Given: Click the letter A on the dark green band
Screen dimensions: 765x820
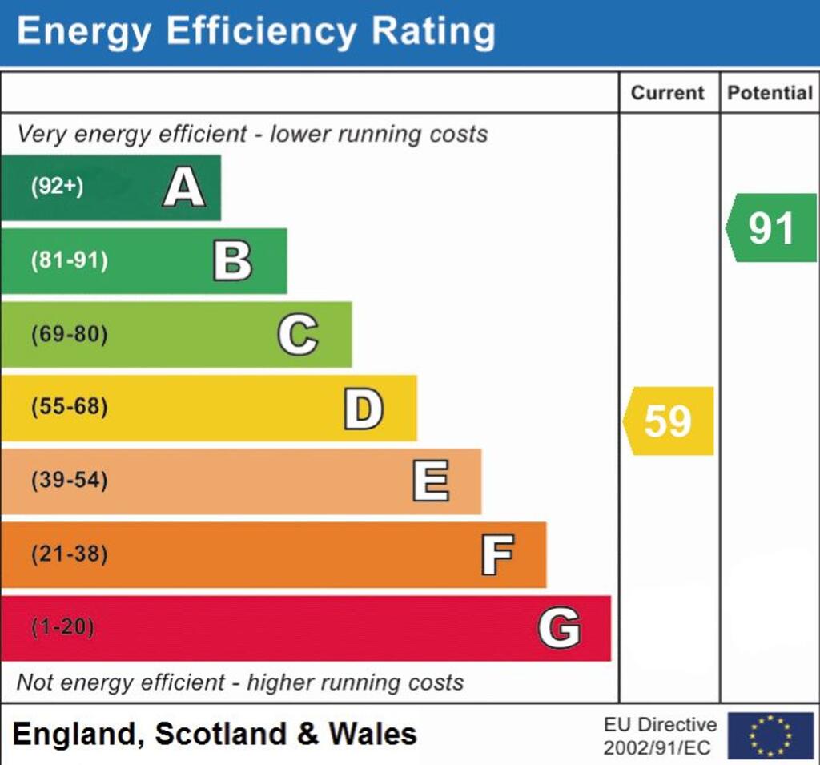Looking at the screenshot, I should pos(184,188).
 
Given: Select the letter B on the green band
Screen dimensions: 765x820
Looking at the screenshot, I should pos(232,261).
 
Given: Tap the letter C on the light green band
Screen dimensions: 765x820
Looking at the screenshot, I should pos(298,335).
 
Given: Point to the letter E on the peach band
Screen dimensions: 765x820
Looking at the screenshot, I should pos(431,481).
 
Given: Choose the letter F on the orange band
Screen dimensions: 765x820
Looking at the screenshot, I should pos(497,555).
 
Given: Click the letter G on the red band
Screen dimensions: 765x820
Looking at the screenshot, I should pos(559,628).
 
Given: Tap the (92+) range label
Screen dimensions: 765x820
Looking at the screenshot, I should pos(57,187).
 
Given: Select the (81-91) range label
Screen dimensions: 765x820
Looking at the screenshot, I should pos(69,260).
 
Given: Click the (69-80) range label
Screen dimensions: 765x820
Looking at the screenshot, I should pos(69,334).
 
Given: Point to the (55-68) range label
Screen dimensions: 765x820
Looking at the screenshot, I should pos(69,407).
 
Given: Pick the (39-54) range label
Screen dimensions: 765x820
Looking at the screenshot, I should pos(69,481).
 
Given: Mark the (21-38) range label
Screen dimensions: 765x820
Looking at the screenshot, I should pos(69,554).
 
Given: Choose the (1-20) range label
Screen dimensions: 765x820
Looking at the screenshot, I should pos(62,627).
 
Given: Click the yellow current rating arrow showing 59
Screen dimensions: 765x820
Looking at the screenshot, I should pos(668,421).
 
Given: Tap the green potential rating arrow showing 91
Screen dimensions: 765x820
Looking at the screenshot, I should pos(771,228).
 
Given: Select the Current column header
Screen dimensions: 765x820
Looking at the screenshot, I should pos(668,93).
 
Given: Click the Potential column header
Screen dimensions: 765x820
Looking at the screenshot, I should pos(770,93).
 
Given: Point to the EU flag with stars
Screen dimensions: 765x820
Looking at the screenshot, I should pos(770,735).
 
